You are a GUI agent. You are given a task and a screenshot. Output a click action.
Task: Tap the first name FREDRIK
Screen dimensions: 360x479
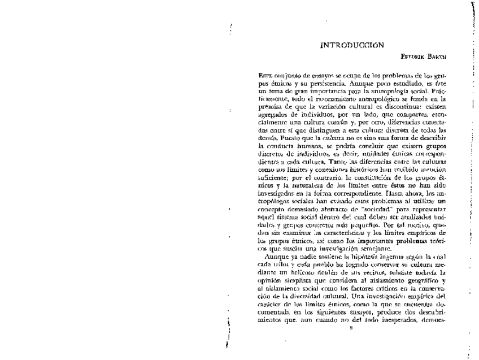[x=412, y=58]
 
